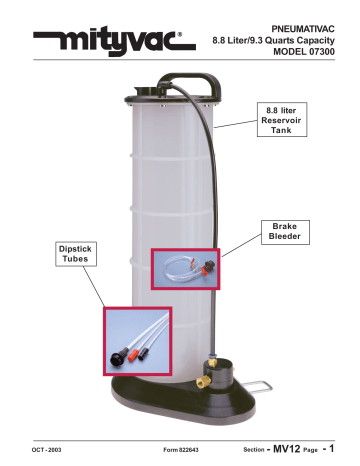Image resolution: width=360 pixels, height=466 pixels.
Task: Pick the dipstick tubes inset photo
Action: pos(143,340)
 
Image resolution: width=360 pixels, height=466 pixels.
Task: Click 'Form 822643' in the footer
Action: pos(184,451)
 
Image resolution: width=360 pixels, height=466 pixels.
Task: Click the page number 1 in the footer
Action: pos(346,449)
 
